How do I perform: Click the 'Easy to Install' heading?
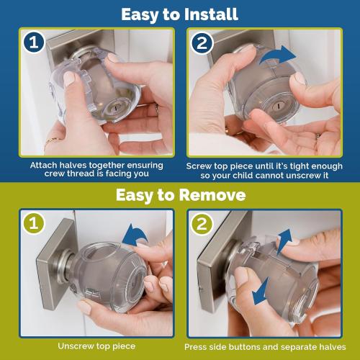179,14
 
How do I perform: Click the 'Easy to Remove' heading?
180,195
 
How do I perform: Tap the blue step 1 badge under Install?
33,43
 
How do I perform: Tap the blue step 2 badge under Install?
202,43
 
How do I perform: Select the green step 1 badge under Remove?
33,223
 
